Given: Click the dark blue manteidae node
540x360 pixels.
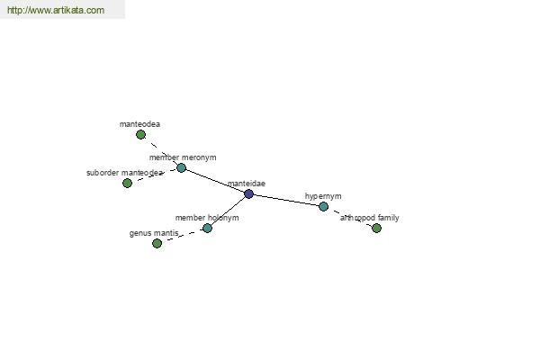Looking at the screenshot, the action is [248, 194].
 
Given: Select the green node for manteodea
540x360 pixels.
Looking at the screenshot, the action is [140, 135].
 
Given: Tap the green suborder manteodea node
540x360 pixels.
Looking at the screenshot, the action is [128, 183].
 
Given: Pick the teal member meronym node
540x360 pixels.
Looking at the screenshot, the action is [182, 167].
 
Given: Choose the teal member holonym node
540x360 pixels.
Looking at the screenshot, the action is [207, 228].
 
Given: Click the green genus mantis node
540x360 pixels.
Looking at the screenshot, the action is [157, 244].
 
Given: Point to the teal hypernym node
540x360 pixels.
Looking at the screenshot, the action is [323, 206].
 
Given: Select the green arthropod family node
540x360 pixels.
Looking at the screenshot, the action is [377, 228].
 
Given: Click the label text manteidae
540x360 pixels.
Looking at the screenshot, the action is [247, 184].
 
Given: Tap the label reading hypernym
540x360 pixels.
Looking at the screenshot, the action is [323, 196].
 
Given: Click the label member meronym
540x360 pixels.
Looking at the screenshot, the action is [183, 157].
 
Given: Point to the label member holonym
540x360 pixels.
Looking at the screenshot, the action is [207, 218].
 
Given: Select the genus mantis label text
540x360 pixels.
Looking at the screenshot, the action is [154, 233].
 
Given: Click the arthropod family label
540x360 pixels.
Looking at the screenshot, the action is [370, 218].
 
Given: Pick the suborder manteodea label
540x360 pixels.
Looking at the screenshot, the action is [125, 173].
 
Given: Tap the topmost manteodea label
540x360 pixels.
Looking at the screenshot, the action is [139, 124].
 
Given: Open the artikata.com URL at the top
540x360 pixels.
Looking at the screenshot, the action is [56, 10].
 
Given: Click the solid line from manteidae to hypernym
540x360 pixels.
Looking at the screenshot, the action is [286, 200].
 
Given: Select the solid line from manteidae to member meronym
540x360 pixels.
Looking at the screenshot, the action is [215, 181].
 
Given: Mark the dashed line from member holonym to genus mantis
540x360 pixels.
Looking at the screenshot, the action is [182, 236].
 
